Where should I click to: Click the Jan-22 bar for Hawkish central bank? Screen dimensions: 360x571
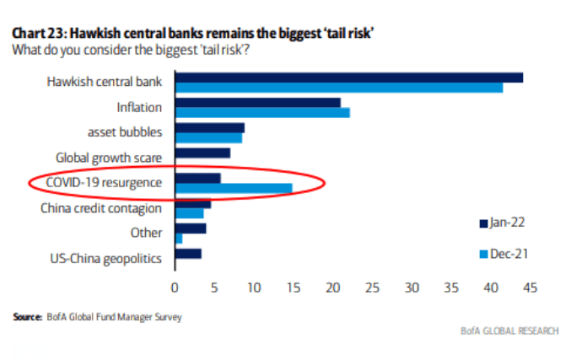pos(348,78)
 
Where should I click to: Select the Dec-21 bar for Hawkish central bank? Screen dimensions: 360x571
pos(338,88)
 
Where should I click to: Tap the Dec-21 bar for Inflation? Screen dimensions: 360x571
pos(261,113)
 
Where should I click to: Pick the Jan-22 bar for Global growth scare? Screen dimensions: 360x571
pos(202,153)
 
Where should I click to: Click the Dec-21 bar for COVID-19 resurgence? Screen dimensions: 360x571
pos(234,188)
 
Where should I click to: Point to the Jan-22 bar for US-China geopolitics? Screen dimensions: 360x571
pos(188,253)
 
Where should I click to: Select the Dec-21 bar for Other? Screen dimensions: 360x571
pos(178,239)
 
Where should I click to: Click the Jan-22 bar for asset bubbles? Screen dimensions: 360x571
pos(209,127)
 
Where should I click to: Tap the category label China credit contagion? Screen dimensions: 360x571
pos(101,208)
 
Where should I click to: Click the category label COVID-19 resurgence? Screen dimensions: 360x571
pos(105,182)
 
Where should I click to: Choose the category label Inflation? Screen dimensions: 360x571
pos(138,108)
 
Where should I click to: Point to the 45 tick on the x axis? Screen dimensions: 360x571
pos(531,287)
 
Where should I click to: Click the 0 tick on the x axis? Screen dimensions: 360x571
pos(175,287)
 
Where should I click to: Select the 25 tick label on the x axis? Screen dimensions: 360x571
pos(372,287)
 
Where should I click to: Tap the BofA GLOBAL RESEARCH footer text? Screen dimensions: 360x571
pos(509,330)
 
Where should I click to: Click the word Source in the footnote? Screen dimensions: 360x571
pos(27,317)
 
